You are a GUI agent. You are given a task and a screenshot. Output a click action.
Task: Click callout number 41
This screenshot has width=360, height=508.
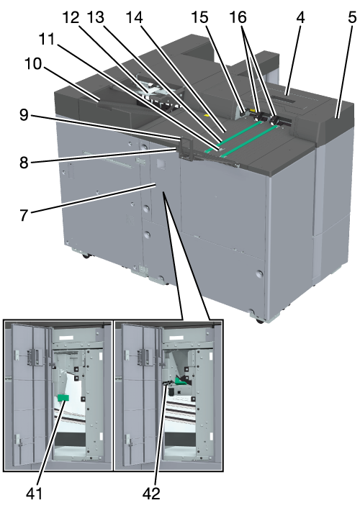[x=34, y=494]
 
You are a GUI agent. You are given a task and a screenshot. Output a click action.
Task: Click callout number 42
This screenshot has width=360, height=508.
[x=151, y=494]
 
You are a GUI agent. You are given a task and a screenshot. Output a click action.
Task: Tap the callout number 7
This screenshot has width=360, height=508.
[x=24, y=215]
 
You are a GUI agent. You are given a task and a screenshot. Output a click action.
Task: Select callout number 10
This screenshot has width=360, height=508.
[x=33, y=63]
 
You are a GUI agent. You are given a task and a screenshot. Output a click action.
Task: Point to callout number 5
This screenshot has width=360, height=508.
[x=352, y=17]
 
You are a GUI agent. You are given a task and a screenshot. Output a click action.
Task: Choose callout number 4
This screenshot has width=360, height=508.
[x=300, y=17]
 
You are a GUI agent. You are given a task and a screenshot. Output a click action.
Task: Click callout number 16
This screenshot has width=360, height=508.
[x=238, y=17]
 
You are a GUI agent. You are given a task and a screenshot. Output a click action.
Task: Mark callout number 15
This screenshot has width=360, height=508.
[x=199, y=17]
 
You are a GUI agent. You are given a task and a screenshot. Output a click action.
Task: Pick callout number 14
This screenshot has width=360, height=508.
[x=134, y=17]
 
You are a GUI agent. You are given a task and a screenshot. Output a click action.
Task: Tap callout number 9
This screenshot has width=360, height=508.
[x=24, y=115]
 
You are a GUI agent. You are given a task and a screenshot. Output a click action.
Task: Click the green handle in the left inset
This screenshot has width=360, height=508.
[x=63, y=397]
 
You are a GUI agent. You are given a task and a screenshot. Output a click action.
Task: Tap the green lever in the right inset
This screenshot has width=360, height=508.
[x=180, y=381]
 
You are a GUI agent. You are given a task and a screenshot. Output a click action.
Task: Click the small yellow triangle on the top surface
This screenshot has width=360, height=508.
[x=206, y=115]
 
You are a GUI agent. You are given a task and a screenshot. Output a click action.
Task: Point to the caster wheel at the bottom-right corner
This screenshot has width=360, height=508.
[x=258, y=321]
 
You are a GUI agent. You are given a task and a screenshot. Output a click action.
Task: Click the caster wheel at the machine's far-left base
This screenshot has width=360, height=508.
[x=86, y=256]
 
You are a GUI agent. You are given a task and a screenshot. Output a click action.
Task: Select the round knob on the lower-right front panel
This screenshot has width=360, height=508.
[x=259, y=273]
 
